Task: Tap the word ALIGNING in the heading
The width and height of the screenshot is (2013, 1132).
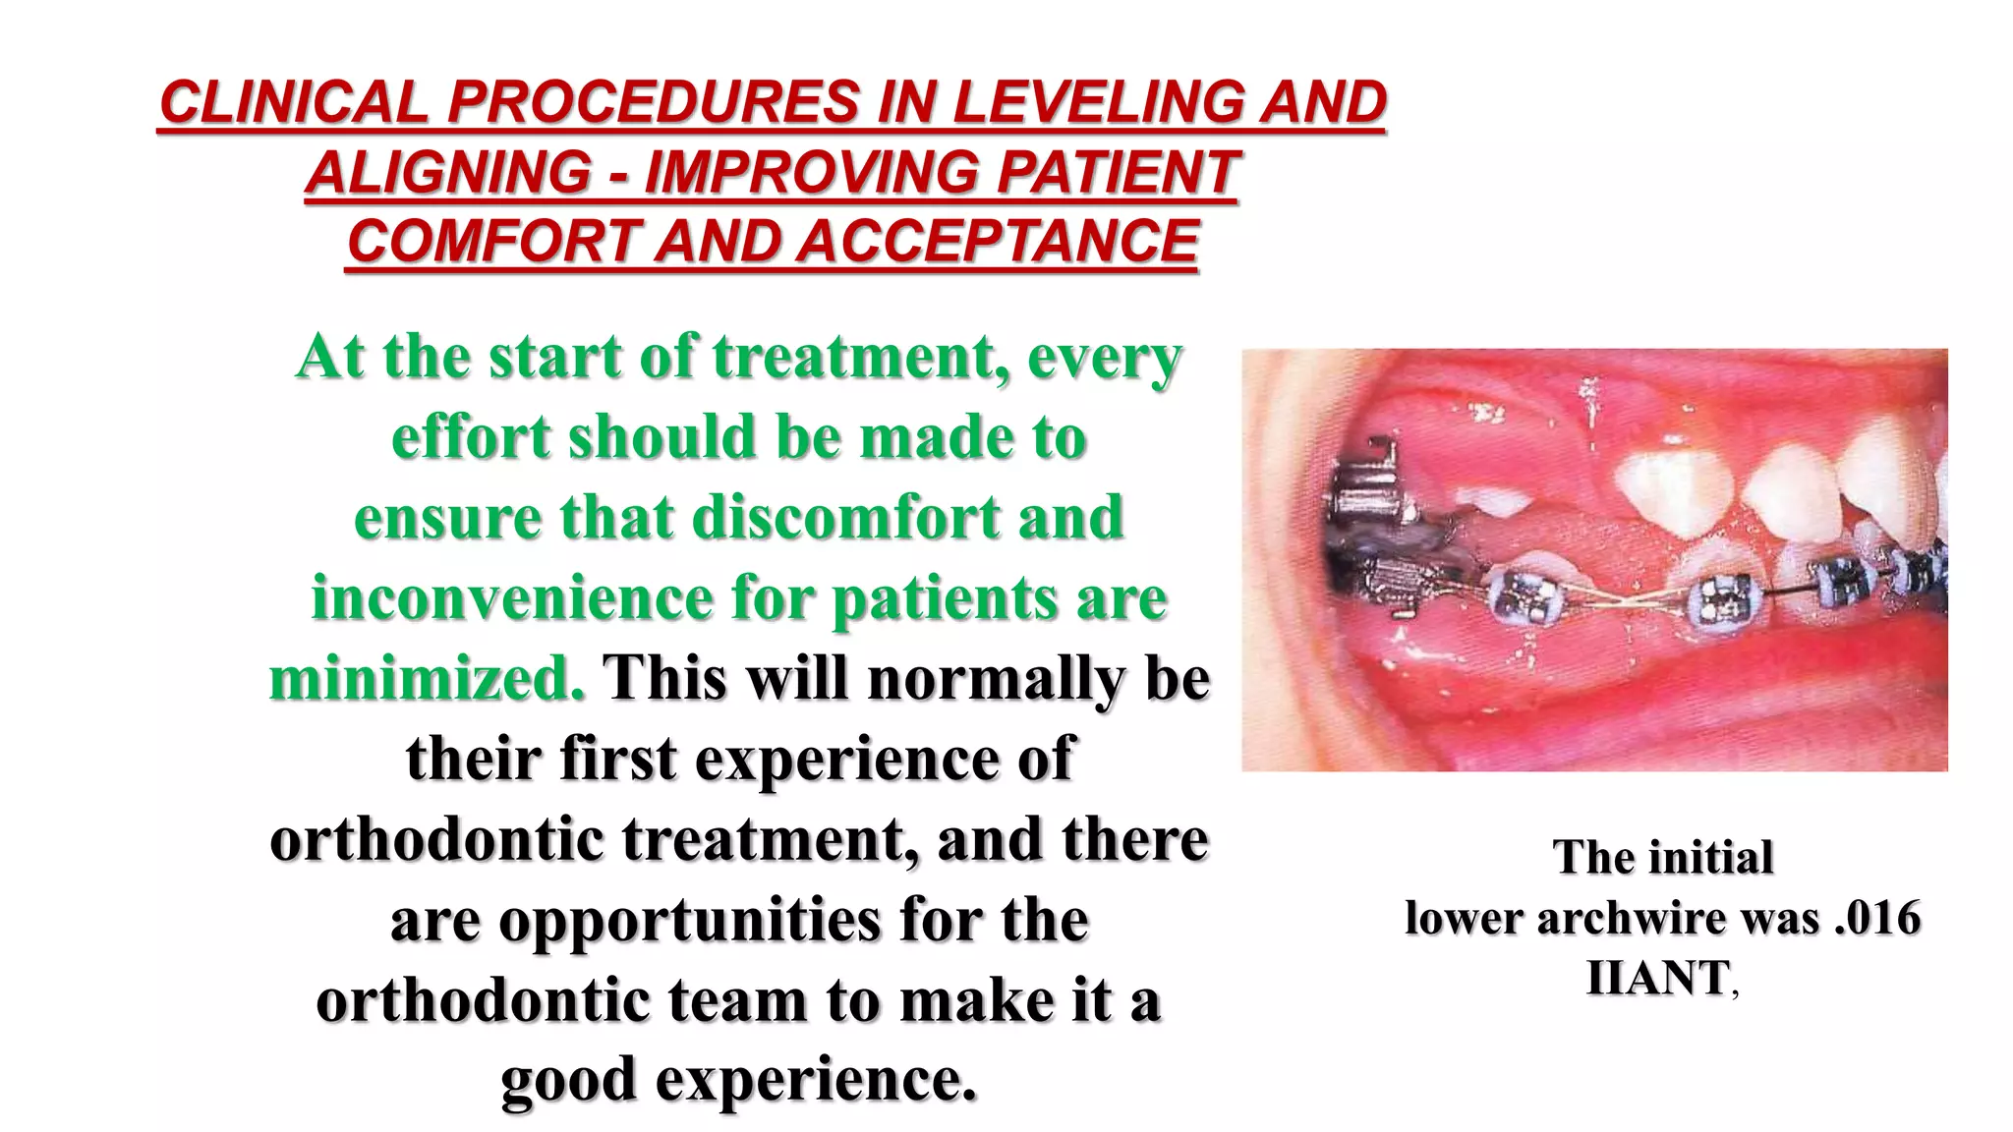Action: click(448, 172)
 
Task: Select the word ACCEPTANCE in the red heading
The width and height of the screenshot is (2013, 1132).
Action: click(998, 241)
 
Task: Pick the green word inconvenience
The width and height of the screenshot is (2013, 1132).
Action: click(511, 598)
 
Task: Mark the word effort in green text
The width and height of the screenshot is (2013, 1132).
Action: click(470, 437)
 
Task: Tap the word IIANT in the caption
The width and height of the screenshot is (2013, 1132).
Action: click(1658, 978)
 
